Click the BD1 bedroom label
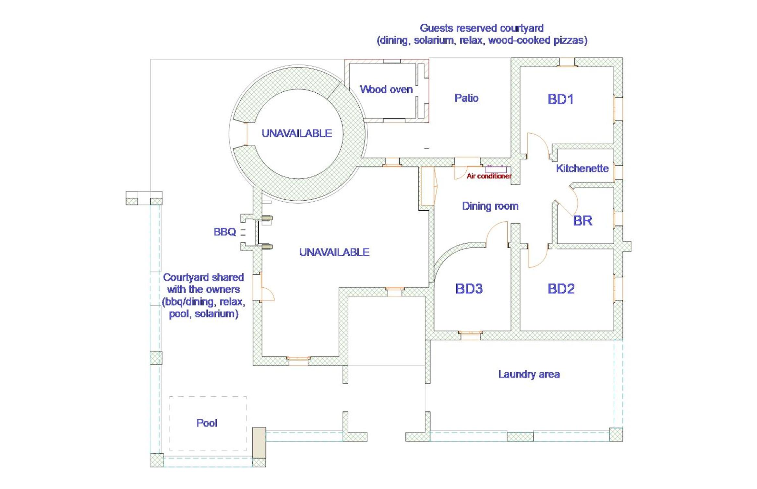click(560, 99)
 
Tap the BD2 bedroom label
click(561, 289)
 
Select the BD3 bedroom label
click(469, 289)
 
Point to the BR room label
click(583, 221)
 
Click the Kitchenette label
click(582, 168)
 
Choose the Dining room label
click(490, 206)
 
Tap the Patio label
click(466, 98)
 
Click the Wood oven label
click(386, 89)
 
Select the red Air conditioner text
click(489, 176)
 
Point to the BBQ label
click(224, 232)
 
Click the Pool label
click(207, 423)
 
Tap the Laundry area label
click(529, 374)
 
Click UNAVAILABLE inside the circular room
click(297, 133)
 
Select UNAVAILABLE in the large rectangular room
click(334, 252)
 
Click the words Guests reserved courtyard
click(482, 28)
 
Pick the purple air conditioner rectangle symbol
click(496, 169)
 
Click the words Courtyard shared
click(203, 277)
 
